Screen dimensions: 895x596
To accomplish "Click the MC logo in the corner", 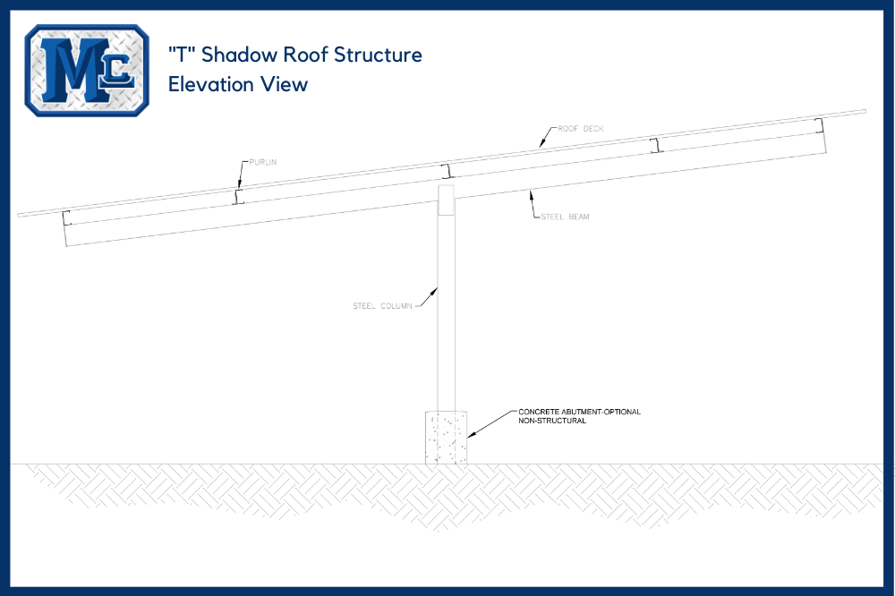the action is pos(87,70).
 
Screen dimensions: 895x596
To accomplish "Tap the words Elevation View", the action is pos(238,84).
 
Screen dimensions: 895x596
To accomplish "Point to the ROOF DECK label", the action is pos(581,129).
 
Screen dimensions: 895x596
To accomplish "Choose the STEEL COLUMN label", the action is pos(382,306).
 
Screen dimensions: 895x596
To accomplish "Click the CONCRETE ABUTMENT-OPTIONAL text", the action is pos(579,413).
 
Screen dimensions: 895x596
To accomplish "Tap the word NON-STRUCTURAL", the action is pos(552,421).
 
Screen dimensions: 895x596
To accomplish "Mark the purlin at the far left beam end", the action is pos(66,218).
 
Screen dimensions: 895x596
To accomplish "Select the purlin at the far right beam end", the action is pos(818,123).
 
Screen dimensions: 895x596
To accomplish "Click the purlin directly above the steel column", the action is pos(449,171).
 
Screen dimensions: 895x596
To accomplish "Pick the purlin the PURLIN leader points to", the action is pos(238,197).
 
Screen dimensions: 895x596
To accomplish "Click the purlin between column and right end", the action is pos(657,144).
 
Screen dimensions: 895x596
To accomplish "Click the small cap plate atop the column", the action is pos(447,200).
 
